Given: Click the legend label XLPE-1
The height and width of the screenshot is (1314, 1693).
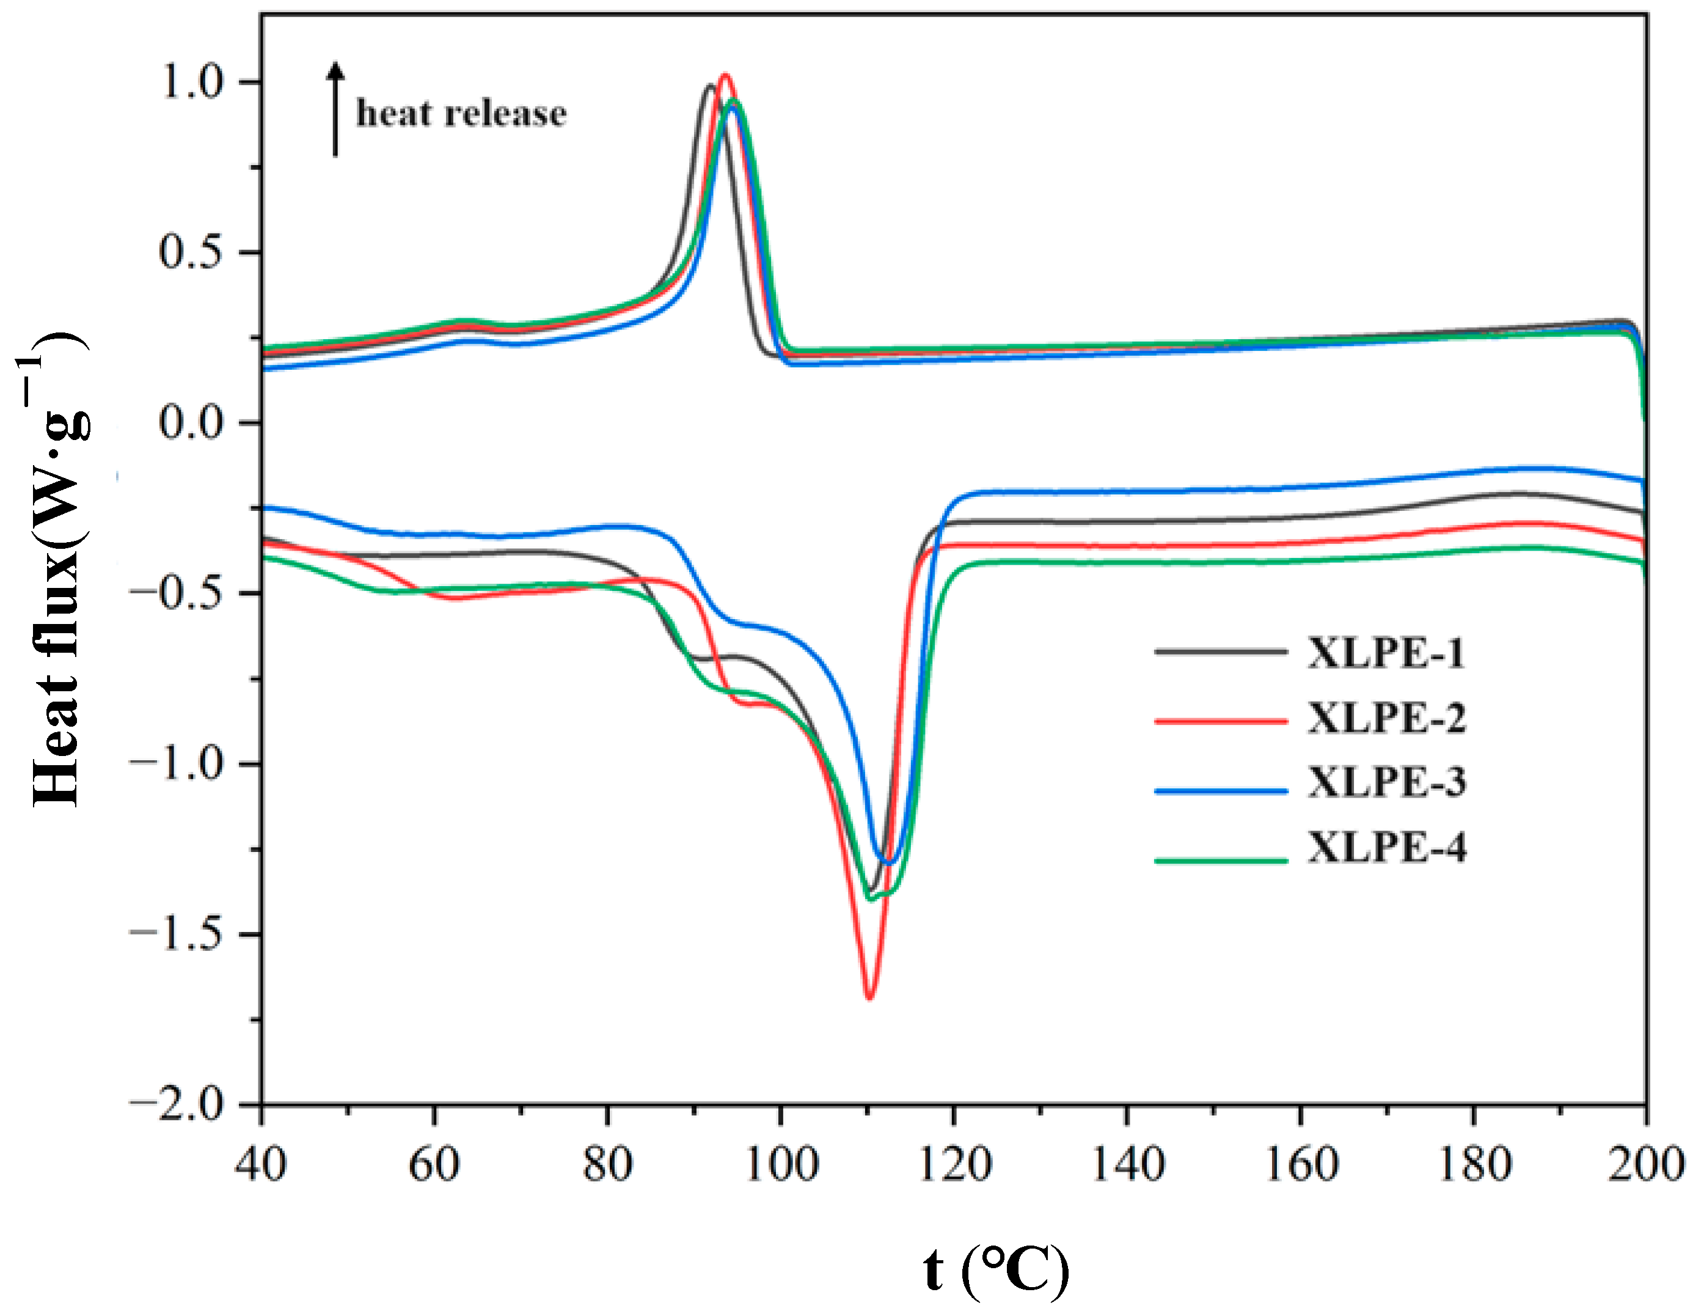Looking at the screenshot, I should (x=1386, y=653).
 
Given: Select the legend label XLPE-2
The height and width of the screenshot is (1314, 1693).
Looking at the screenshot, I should (x=1386, y=718).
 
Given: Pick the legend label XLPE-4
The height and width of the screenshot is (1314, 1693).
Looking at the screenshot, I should (x=1386, y=846).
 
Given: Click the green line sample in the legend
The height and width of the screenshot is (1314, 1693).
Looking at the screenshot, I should (x=1221, y=861).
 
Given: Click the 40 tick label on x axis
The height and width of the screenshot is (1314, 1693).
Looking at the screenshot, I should (x=261, y=1164).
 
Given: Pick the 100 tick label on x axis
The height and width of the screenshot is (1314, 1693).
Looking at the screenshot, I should (x=781, y=1164).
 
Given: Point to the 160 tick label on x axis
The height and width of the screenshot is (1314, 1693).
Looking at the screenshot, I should (x=1301, y=1164).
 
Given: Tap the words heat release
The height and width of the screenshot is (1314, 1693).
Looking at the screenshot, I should (x=461, y=114).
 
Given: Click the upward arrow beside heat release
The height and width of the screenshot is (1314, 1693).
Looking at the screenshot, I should (x=335, y=109).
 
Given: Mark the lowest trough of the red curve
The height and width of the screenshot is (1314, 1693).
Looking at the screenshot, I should (x=869, y=997).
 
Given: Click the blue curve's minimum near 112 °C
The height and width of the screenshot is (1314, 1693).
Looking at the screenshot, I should (x=888, y=862).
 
